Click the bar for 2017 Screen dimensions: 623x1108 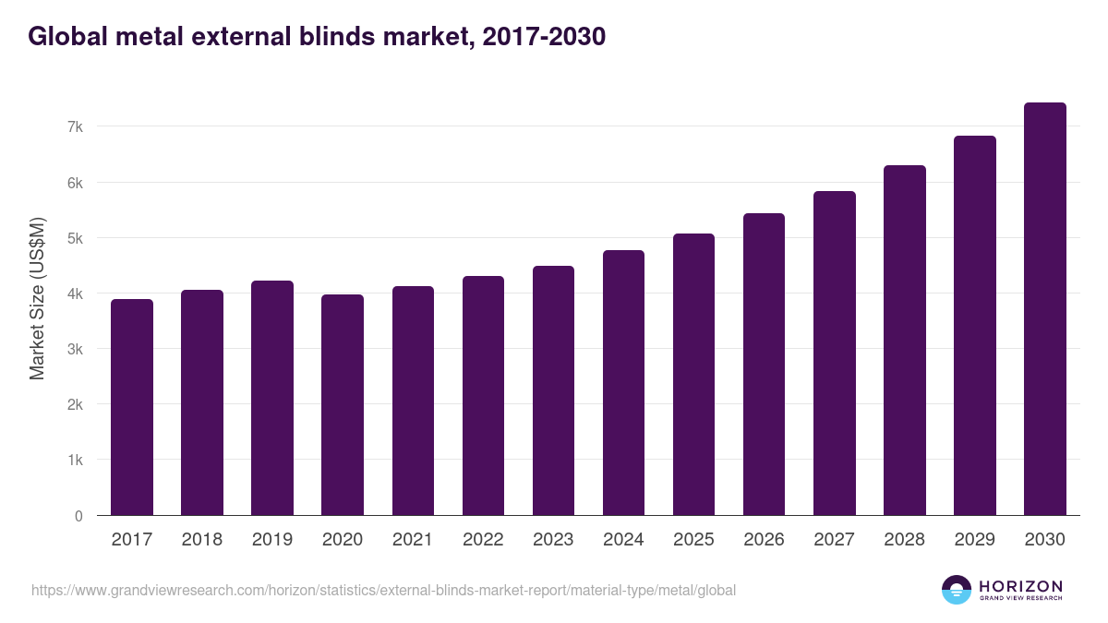coord(132,407)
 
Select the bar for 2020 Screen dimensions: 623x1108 coord(343,405)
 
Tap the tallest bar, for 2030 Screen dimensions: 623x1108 coord(1044,309)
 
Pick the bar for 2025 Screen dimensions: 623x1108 coord(693,375)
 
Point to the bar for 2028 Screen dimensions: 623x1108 coord(904,341)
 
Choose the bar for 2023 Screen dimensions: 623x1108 coord(553,390)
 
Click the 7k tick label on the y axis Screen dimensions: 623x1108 coord(75,126)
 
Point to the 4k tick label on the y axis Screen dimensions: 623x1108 coord(75,294)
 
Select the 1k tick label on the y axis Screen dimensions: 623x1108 coord(75,460)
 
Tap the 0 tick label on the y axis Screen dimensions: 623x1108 coord(78,516)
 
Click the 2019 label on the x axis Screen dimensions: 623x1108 coord(271,540)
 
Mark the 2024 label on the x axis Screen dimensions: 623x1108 coord(623,540)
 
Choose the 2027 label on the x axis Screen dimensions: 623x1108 coord(834,540)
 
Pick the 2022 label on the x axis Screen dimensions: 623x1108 coord(483,540)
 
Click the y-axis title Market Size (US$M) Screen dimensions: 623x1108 coord(37,298)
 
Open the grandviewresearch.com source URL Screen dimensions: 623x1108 coord(383,590)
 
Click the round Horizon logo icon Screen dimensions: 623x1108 coord(957,590)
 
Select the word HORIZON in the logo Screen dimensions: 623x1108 coord(1020,585)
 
